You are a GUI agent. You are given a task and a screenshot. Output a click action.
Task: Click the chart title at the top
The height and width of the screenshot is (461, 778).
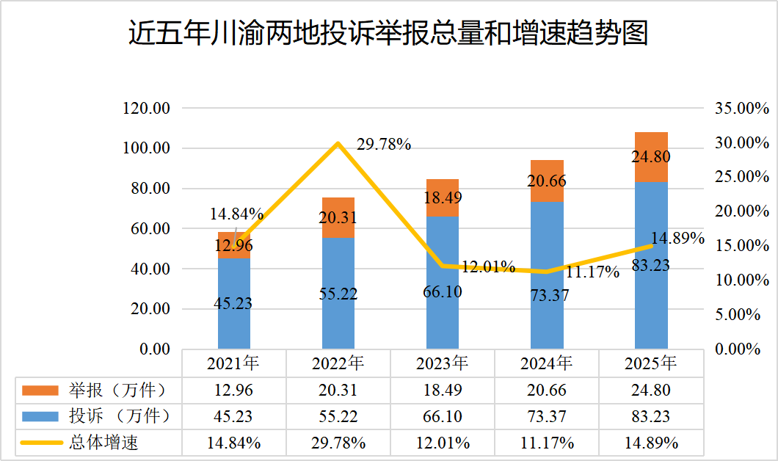[x=388, y=33]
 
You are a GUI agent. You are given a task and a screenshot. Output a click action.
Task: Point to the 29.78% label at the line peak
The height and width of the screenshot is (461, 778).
[x=383, y=145]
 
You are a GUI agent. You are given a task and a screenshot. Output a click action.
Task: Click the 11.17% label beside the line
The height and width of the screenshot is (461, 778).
[x=592, y=272]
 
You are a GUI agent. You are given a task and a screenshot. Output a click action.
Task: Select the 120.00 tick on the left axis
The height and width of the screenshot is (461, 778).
[x=147, y=109]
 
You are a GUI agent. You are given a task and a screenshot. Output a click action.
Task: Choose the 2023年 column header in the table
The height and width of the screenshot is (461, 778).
[x=443, y=363]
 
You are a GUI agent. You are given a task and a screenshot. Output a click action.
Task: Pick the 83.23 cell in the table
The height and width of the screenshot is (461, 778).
[x=651, y=416]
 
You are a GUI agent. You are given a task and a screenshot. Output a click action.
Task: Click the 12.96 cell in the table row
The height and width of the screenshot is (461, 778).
[x=234, y=390]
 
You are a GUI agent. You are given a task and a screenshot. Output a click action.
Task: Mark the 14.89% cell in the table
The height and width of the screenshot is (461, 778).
[x=651, y=443]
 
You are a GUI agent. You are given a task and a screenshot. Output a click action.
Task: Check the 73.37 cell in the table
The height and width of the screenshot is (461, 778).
[x=547, y=416]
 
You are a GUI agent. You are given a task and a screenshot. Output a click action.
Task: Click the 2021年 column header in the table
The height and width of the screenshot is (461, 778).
[x=234, y=363]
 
